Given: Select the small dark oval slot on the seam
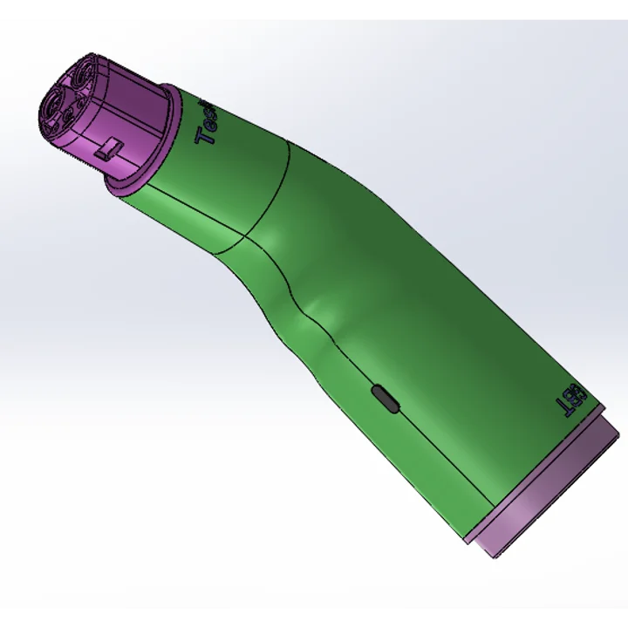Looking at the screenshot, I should point(385,399).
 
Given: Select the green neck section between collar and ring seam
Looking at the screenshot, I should point(218,183).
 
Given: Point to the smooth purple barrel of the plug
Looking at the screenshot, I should point(118,109).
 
